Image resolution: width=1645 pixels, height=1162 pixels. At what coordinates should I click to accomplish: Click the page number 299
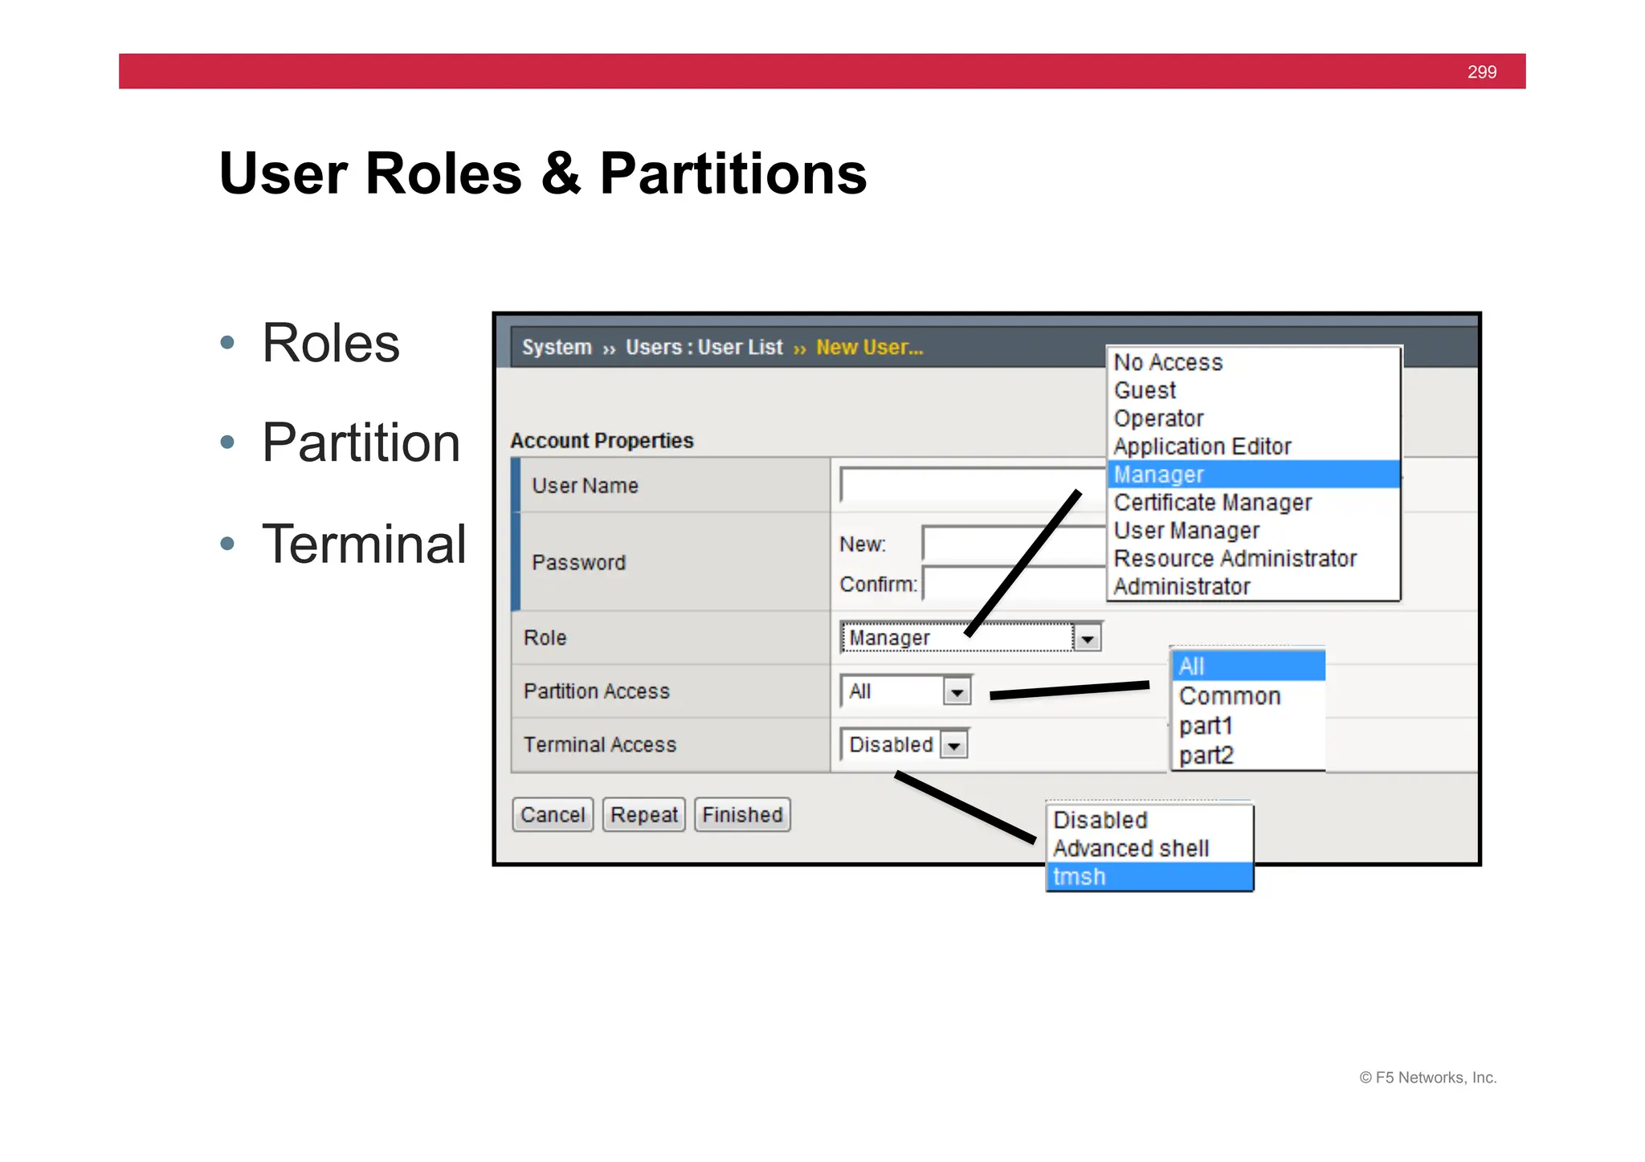tap(1481, 72)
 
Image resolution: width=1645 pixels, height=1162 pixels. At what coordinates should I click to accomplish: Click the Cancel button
tap(553, 814)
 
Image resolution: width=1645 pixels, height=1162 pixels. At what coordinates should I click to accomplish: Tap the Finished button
tap(742, 814)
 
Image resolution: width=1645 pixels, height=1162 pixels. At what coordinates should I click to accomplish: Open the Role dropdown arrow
tap(1087, 638)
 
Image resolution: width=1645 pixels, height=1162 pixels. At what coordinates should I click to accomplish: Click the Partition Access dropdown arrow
tap(957, 691)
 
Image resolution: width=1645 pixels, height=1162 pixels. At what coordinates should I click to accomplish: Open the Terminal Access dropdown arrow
tap(953, 745)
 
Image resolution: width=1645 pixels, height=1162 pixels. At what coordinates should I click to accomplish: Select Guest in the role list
tap(1145, 390)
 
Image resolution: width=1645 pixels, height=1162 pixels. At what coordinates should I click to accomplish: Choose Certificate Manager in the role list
tap(1212, 503)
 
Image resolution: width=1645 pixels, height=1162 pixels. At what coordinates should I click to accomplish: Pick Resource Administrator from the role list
tap(1235, 558)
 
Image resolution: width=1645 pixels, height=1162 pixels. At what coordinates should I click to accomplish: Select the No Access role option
tap(1168, 362)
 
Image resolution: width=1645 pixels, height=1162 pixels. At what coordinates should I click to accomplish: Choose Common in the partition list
tap(1229, 696)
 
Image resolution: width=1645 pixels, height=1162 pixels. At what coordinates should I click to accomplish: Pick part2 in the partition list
tap(1206, 756)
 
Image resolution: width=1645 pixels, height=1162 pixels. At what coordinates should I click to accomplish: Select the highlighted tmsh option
tap(1079, 877)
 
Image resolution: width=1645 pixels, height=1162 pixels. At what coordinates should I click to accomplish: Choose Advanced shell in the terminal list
tap(1130, 848)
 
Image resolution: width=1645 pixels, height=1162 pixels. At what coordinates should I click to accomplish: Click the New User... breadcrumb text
tap(869, 347)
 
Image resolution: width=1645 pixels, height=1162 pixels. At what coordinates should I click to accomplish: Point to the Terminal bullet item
tap(363, 544)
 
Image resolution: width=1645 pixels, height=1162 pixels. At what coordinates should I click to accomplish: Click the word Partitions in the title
tap(733, 173)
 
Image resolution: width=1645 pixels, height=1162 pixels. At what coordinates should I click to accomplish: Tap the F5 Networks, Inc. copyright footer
tap(1427, 1078)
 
